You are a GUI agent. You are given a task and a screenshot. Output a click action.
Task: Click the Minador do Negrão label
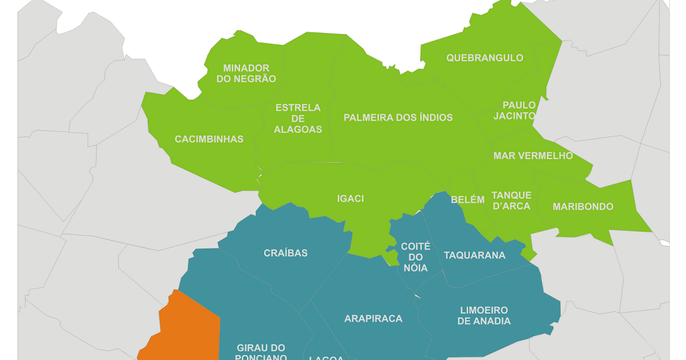[246, 74]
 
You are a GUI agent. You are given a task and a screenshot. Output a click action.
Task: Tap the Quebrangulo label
[485, 58]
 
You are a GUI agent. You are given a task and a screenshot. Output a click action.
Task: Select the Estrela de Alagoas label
[298, 118]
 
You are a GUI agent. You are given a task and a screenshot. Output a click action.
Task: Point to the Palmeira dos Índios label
[398, 118]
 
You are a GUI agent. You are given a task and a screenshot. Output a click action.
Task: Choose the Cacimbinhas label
[209, 139]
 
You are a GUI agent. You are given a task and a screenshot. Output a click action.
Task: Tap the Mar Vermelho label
[533, 156]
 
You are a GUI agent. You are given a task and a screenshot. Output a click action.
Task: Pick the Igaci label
[350, 199]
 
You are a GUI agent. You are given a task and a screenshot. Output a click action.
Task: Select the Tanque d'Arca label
[511, 201]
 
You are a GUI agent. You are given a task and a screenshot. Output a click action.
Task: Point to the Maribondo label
[583, 207]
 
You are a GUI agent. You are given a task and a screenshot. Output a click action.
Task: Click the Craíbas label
[286, 253]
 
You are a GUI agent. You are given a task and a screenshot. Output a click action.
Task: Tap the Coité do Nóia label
[416, 257]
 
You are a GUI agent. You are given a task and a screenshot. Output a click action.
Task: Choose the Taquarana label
[474, 255]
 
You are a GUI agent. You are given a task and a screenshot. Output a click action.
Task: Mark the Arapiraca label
[373, 319]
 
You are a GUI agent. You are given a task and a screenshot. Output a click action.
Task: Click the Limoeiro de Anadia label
[484, 315]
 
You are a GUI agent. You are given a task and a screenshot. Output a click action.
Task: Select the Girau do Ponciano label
[261, 352]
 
